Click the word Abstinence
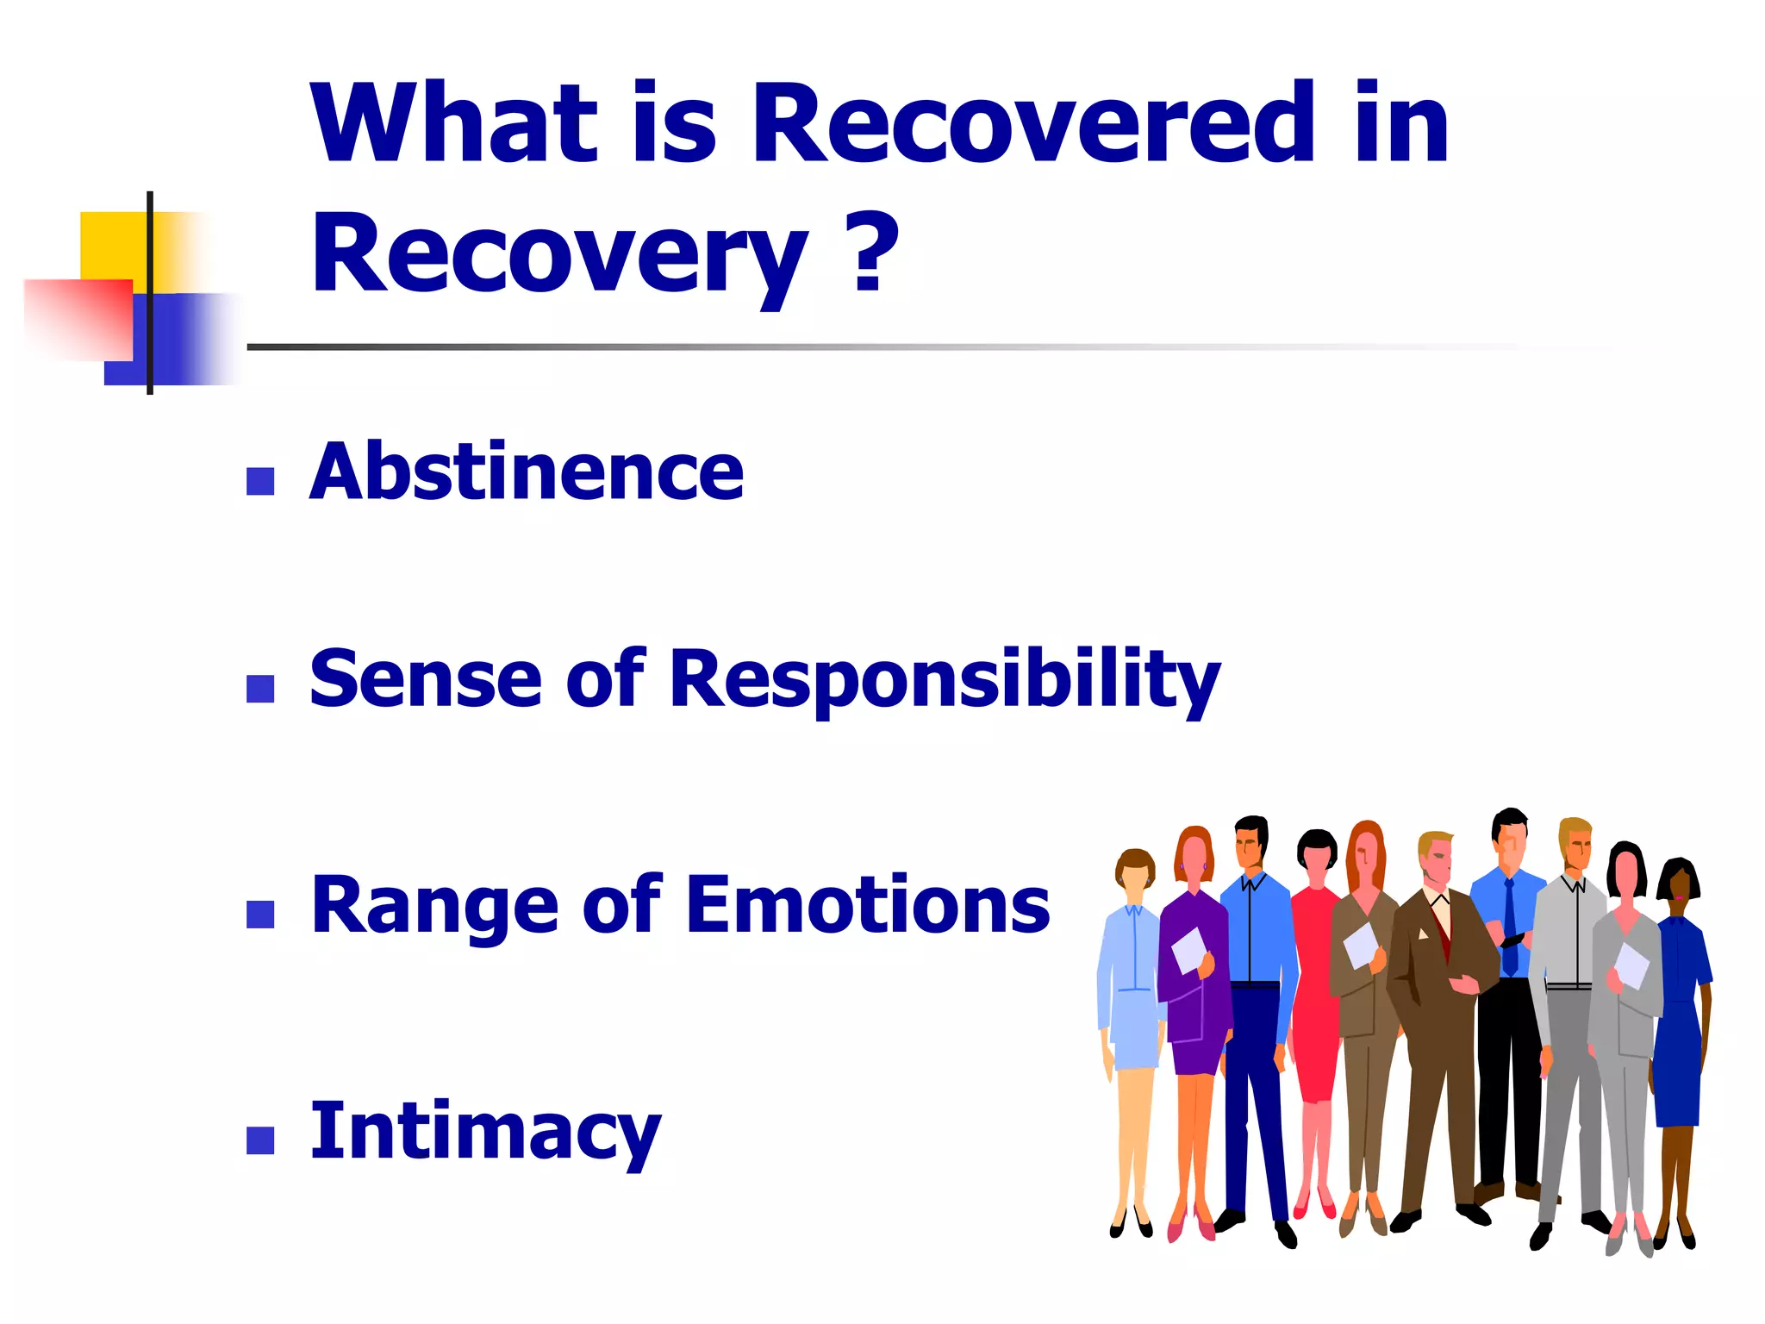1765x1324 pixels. tap(526, 472)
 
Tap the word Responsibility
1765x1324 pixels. tap(945, 681)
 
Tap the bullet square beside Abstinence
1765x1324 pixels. tap(260, 481)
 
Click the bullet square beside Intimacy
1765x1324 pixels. tap(260, 1140)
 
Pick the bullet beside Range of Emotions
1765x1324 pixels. tap(260, 915)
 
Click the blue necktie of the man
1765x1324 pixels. tap(1510, 927)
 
